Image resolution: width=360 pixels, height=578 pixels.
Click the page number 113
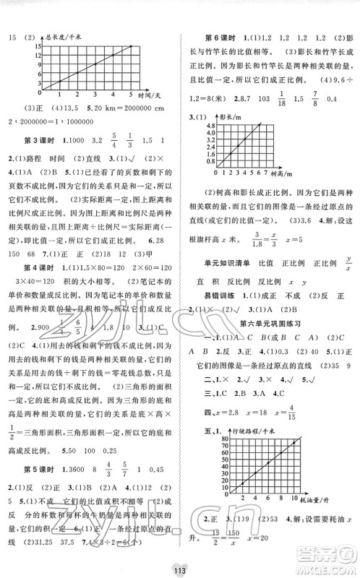pos(179,564)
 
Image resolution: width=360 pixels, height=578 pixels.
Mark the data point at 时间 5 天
pos(131,47)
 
